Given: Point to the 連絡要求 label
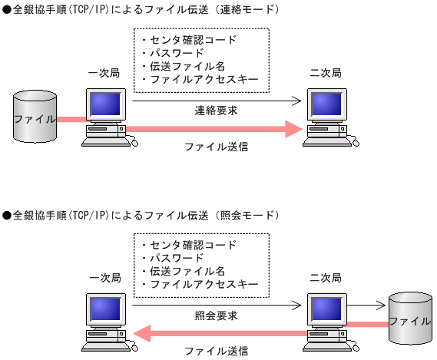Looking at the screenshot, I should (216, 111).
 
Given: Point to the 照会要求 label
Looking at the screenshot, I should (216, 315).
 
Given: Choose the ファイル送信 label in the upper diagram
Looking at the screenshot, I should (216, 145).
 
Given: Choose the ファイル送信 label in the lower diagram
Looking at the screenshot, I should (216, 351).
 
